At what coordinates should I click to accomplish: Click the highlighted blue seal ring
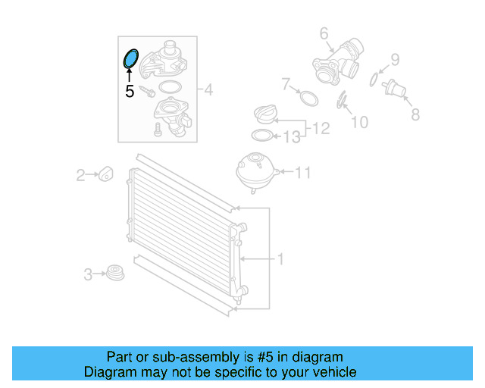click(x=130, y=58)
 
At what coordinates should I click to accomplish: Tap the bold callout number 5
click(x=130, y=92)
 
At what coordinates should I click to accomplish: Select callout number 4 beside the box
click(x=208, y=91)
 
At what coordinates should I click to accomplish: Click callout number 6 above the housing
click(x=324, y=33)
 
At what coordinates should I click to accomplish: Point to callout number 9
click(x=395, y=59)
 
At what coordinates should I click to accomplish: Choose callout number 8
click(x=415, y=114)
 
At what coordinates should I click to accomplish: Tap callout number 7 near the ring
click(x=286, y=83)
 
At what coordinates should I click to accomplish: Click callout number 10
click(x=359, y=121)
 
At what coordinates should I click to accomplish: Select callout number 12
click(x=321, y=129)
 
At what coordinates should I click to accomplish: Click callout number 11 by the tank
click(x=302, y=173)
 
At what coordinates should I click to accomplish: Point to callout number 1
click(x=280, y=259)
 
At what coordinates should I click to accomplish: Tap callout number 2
click(x=80, y=176)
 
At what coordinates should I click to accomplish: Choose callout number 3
click(x=88, y=274)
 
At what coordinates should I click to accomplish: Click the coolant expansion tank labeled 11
click(x=255, y=172)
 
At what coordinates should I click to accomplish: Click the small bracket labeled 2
click(x=105, y=174)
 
